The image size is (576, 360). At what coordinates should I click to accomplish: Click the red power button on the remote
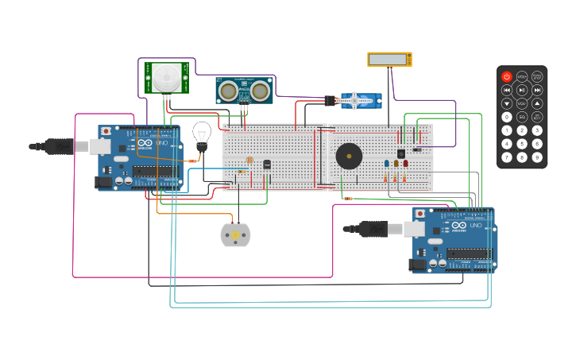507,77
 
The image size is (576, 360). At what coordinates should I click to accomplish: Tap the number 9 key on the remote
537,157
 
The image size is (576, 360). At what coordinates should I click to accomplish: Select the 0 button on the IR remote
507,117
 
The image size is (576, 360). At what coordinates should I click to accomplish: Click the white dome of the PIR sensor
167,76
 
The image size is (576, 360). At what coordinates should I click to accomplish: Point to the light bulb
202,134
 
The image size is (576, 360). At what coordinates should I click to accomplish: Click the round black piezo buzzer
348,155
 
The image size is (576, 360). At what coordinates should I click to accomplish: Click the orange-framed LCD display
389,60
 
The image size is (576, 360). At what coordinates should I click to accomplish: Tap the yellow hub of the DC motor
235,234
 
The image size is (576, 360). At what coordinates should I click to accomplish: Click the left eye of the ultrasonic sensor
229,91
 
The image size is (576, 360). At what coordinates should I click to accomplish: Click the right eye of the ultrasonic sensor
260,91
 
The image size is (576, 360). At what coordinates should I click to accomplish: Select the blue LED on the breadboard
387,163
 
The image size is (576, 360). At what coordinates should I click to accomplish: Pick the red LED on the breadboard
405,163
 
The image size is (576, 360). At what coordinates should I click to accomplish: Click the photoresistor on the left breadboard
249,161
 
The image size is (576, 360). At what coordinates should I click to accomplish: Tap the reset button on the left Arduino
106,130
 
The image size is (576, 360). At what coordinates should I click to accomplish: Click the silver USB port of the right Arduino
414,229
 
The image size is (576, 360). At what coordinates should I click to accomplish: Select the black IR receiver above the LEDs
401,153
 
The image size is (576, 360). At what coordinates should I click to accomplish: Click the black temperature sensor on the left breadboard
267,165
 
